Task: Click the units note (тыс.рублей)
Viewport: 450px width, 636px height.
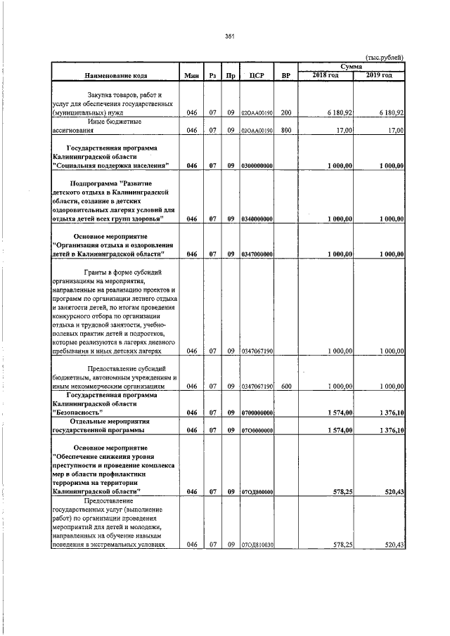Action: (x=384, y=58)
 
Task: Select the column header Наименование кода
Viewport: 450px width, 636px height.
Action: (x=115, y=75)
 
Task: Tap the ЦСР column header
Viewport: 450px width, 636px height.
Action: (x=256, y=75)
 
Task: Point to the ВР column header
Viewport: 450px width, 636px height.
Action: (x=286, y=75)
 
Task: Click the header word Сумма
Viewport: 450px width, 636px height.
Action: (x=351, y=66)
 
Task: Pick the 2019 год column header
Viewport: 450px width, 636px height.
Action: (x=379, y=75)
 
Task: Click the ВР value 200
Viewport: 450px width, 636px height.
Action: (x=286, y=112)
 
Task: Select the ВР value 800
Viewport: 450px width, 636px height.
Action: (x=286, y=130)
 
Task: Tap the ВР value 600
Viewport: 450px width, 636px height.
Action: (x=286, y=386)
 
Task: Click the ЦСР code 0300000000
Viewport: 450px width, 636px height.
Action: (x=257, y=166)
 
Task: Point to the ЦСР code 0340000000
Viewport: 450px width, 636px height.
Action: (x=257, y=219)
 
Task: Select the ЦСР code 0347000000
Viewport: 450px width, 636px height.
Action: (x=257, y=254)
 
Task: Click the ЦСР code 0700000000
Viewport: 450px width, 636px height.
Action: (x=257, y=413)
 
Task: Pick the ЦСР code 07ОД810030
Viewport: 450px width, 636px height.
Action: (x=257, y=545)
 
